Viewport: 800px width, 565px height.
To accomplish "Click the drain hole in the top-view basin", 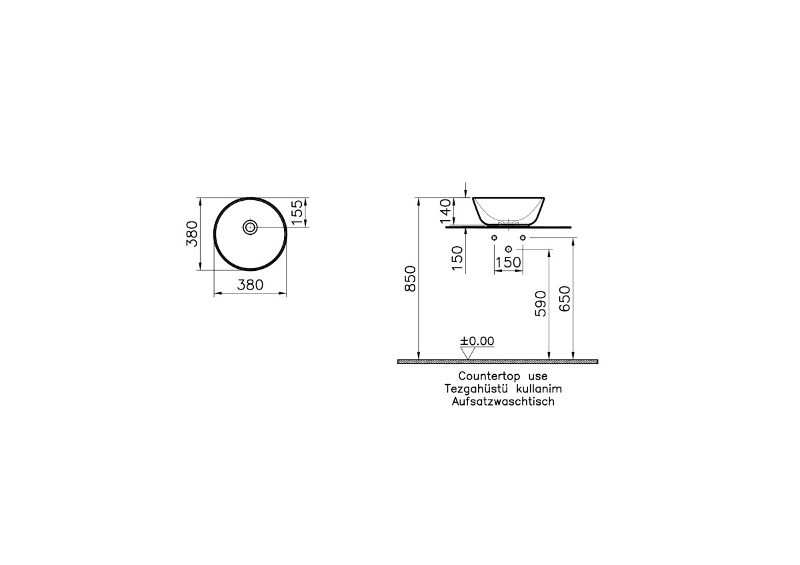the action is tap(250, 227).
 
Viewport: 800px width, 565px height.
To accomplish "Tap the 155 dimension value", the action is tap(297, 213).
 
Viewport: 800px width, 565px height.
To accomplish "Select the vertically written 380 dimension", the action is tap(192, 233).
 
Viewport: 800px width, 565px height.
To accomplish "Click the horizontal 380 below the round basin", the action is tap(250, 285).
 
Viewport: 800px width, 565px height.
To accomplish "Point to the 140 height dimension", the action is tap(445, 212).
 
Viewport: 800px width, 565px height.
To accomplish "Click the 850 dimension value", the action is tap(411, 279).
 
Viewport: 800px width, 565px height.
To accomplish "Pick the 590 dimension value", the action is tap(541, 304).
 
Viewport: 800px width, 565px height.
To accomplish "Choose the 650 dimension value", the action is tap(565, 299).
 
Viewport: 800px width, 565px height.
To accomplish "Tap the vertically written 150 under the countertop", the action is tap(457, 258).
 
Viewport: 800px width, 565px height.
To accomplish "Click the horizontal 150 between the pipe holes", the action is tap(508, 263).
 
